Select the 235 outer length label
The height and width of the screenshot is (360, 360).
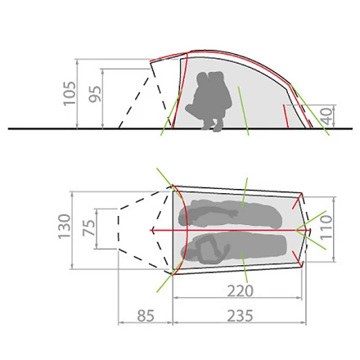coord(239,316)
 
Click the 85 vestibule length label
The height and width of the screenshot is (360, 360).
coord(145,316)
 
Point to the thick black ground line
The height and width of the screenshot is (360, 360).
coord(69,129)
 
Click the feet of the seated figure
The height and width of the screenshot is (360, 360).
coord(213,126)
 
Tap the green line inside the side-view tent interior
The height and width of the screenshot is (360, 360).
coord(243,111)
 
